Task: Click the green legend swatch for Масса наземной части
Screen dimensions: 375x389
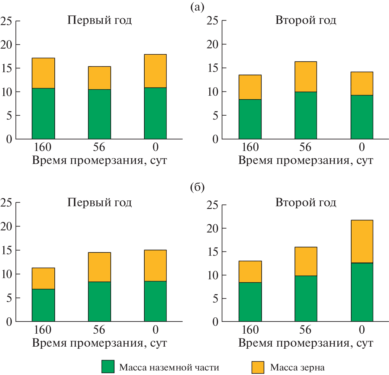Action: click(x=108, y=367)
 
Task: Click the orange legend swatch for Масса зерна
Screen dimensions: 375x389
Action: click(x=258, y=367)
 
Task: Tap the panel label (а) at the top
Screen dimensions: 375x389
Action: click(x=197, y=7)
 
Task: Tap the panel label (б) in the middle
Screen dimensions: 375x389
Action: click(x=197, y=187)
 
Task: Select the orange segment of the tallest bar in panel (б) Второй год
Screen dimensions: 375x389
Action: click(x=362, y=242)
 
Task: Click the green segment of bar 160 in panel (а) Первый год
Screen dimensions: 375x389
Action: click(x=43, y=114)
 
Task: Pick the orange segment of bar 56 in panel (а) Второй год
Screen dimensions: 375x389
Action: click(x=306, y=77)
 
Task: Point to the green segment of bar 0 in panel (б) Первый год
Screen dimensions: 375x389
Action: click(x=155, y=301)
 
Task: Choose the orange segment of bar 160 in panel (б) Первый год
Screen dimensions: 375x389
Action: click(x=43, y=278)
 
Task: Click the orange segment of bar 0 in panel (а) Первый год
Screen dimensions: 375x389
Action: click(x=155, y=71)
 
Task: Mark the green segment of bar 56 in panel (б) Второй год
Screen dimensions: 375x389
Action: click(x=306, y=299)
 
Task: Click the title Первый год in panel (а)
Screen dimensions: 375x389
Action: click(x=99, y=20)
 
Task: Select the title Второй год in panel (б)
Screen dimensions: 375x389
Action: click(x=306, y=202)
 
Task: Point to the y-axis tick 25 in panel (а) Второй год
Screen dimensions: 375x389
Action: click(x=212, y=21)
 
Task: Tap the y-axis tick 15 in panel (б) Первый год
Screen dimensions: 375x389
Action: click(x=7, y=250)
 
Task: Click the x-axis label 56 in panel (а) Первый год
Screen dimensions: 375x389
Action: click(x=99, y=147)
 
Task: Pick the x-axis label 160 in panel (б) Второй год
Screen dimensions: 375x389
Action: click(x=250, y=330)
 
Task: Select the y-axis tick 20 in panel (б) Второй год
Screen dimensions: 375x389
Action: click(x=212, y=228)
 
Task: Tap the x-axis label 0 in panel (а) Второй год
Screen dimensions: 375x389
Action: click(x=362, y=147)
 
